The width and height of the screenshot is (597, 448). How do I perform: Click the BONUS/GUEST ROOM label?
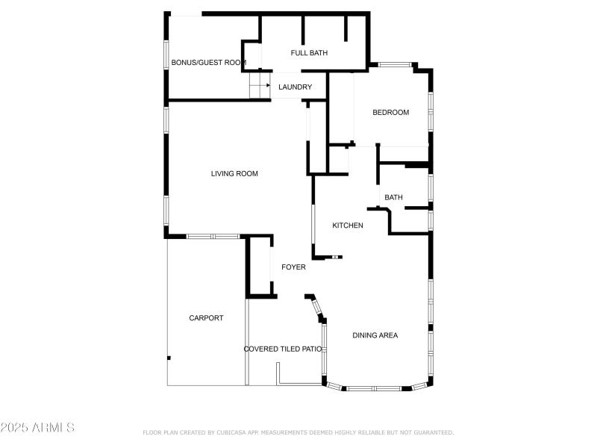pos(209,63)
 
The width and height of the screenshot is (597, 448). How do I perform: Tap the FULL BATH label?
pos(309,53)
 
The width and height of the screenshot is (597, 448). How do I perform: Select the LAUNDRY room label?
pos(295,87)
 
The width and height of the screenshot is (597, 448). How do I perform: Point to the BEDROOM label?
pos(391,113)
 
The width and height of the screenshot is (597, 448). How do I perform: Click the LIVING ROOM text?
pos(234,174)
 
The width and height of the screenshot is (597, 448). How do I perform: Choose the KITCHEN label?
pos(348,225)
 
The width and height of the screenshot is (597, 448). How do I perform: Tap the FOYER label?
pos(293,267)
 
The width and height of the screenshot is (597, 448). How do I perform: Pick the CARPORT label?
pos(206,318)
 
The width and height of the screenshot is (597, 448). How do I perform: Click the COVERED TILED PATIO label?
pos(283,349)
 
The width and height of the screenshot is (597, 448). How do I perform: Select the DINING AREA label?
pos(375,335)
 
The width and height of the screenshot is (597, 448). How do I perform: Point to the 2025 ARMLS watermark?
pos(37,428)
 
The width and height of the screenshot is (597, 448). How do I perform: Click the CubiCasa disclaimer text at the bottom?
pos(298,432)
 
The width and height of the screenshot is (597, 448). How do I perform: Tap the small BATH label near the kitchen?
pos(393,198)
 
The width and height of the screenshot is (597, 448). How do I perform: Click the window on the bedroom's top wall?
pos(396,65)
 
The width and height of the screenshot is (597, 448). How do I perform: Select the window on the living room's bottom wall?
pos(213,237)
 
